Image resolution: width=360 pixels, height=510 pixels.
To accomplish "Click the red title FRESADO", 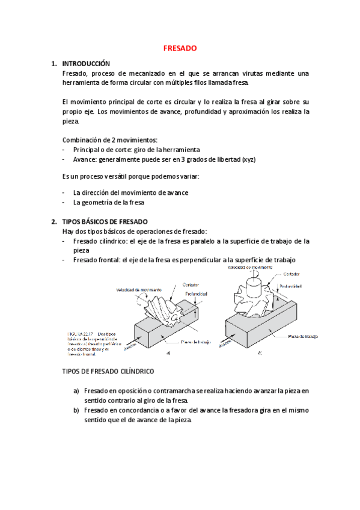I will pos(180,48).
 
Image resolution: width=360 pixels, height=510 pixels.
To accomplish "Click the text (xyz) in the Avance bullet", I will pos(250,159).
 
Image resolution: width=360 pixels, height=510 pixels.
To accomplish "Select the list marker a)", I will pos(76,390).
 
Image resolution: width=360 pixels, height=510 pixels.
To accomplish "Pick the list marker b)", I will pos(76,410).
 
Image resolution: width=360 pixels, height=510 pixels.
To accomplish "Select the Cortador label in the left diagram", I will pos(191,285).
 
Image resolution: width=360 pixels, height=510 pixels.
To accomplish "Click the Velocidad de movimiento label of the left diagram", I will pos(140,289).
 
